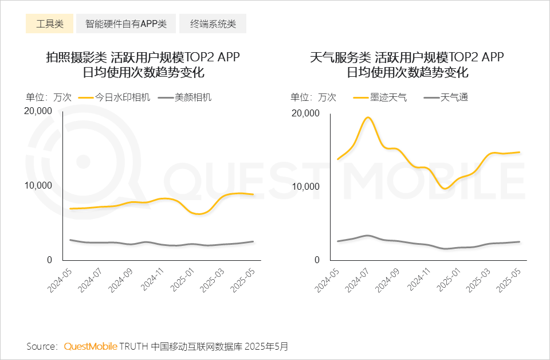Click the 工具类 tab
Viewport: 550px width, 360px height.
(x=49, y=24)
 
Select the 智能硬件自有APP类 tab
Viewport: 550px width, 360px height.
(x=126, y=24)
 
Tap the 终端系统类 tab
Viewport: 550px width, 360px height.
(x=213, y=24)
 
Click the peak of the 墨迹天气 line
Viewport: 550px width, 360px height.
(x=368, y=118)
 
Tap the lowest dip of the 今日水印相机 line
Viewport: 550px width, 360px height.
(x=198, y=214)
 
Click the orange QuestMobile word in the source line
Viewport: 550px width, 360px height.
(x=91, y=346)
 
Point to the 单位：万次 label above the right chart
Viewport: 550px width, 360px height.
(x=313, y=97)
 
